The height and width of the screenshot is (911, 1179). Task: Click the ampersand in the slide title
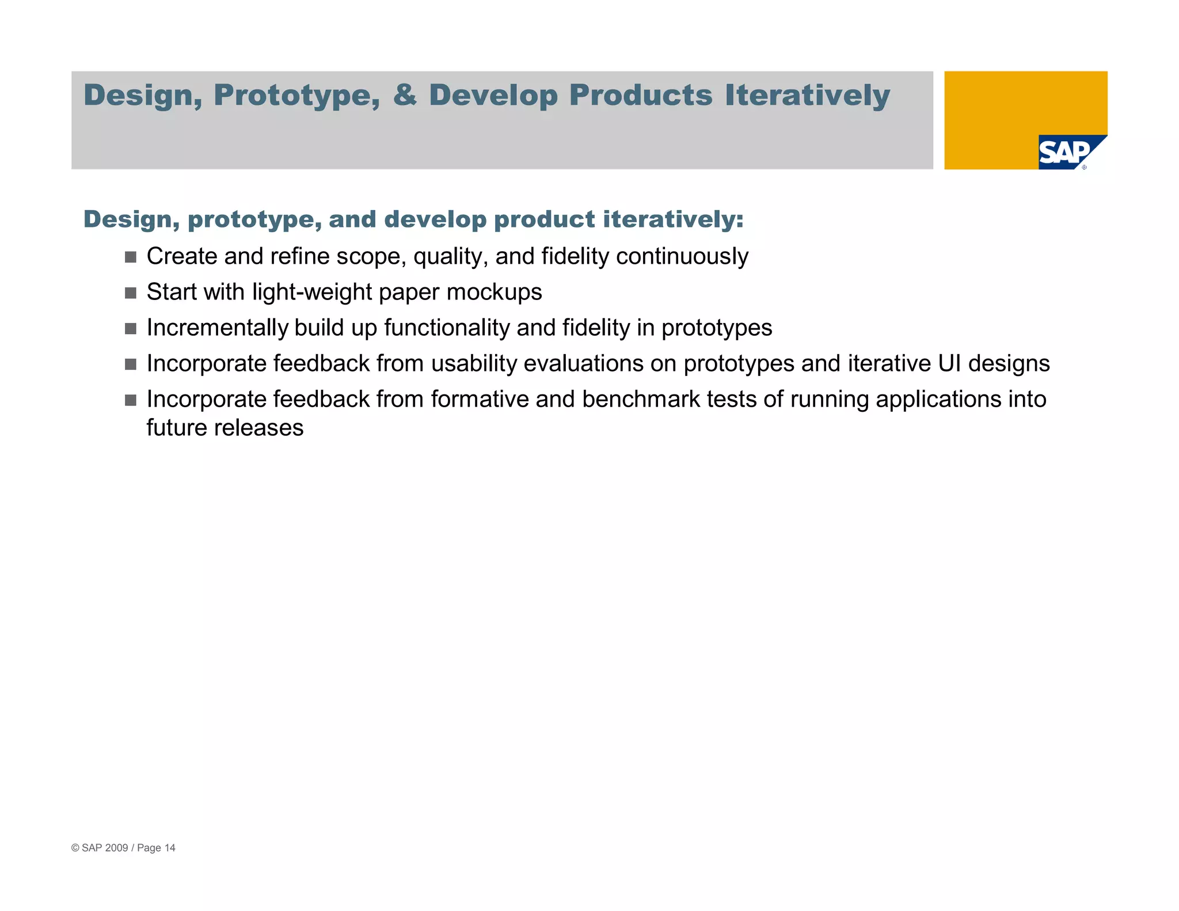coord(405,95)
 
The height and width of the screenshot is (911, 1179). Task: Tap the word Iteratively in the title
coord(807,96)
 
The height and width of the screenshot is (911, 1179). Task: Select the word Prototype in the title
coord(296,96)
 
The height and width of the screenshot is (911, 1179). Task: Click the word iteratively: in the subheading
coord(673,219)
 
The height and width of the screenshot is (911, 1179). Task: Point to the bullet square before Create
coord(131,257)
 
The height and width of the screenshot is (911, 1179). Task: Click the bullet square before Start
coord(131,293)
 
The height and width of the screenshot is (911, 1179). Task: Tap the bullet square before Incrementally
coord(131,328)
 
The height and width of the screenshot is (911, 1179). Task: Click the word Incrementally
coord(217,328)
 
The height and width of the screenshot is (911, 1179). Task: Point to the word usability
coord(474,364)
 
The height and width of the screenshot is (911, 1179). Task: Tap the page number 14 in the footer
coord(170,848)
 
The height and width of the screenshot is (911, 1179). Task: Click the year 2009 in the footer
coord(116,848)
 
